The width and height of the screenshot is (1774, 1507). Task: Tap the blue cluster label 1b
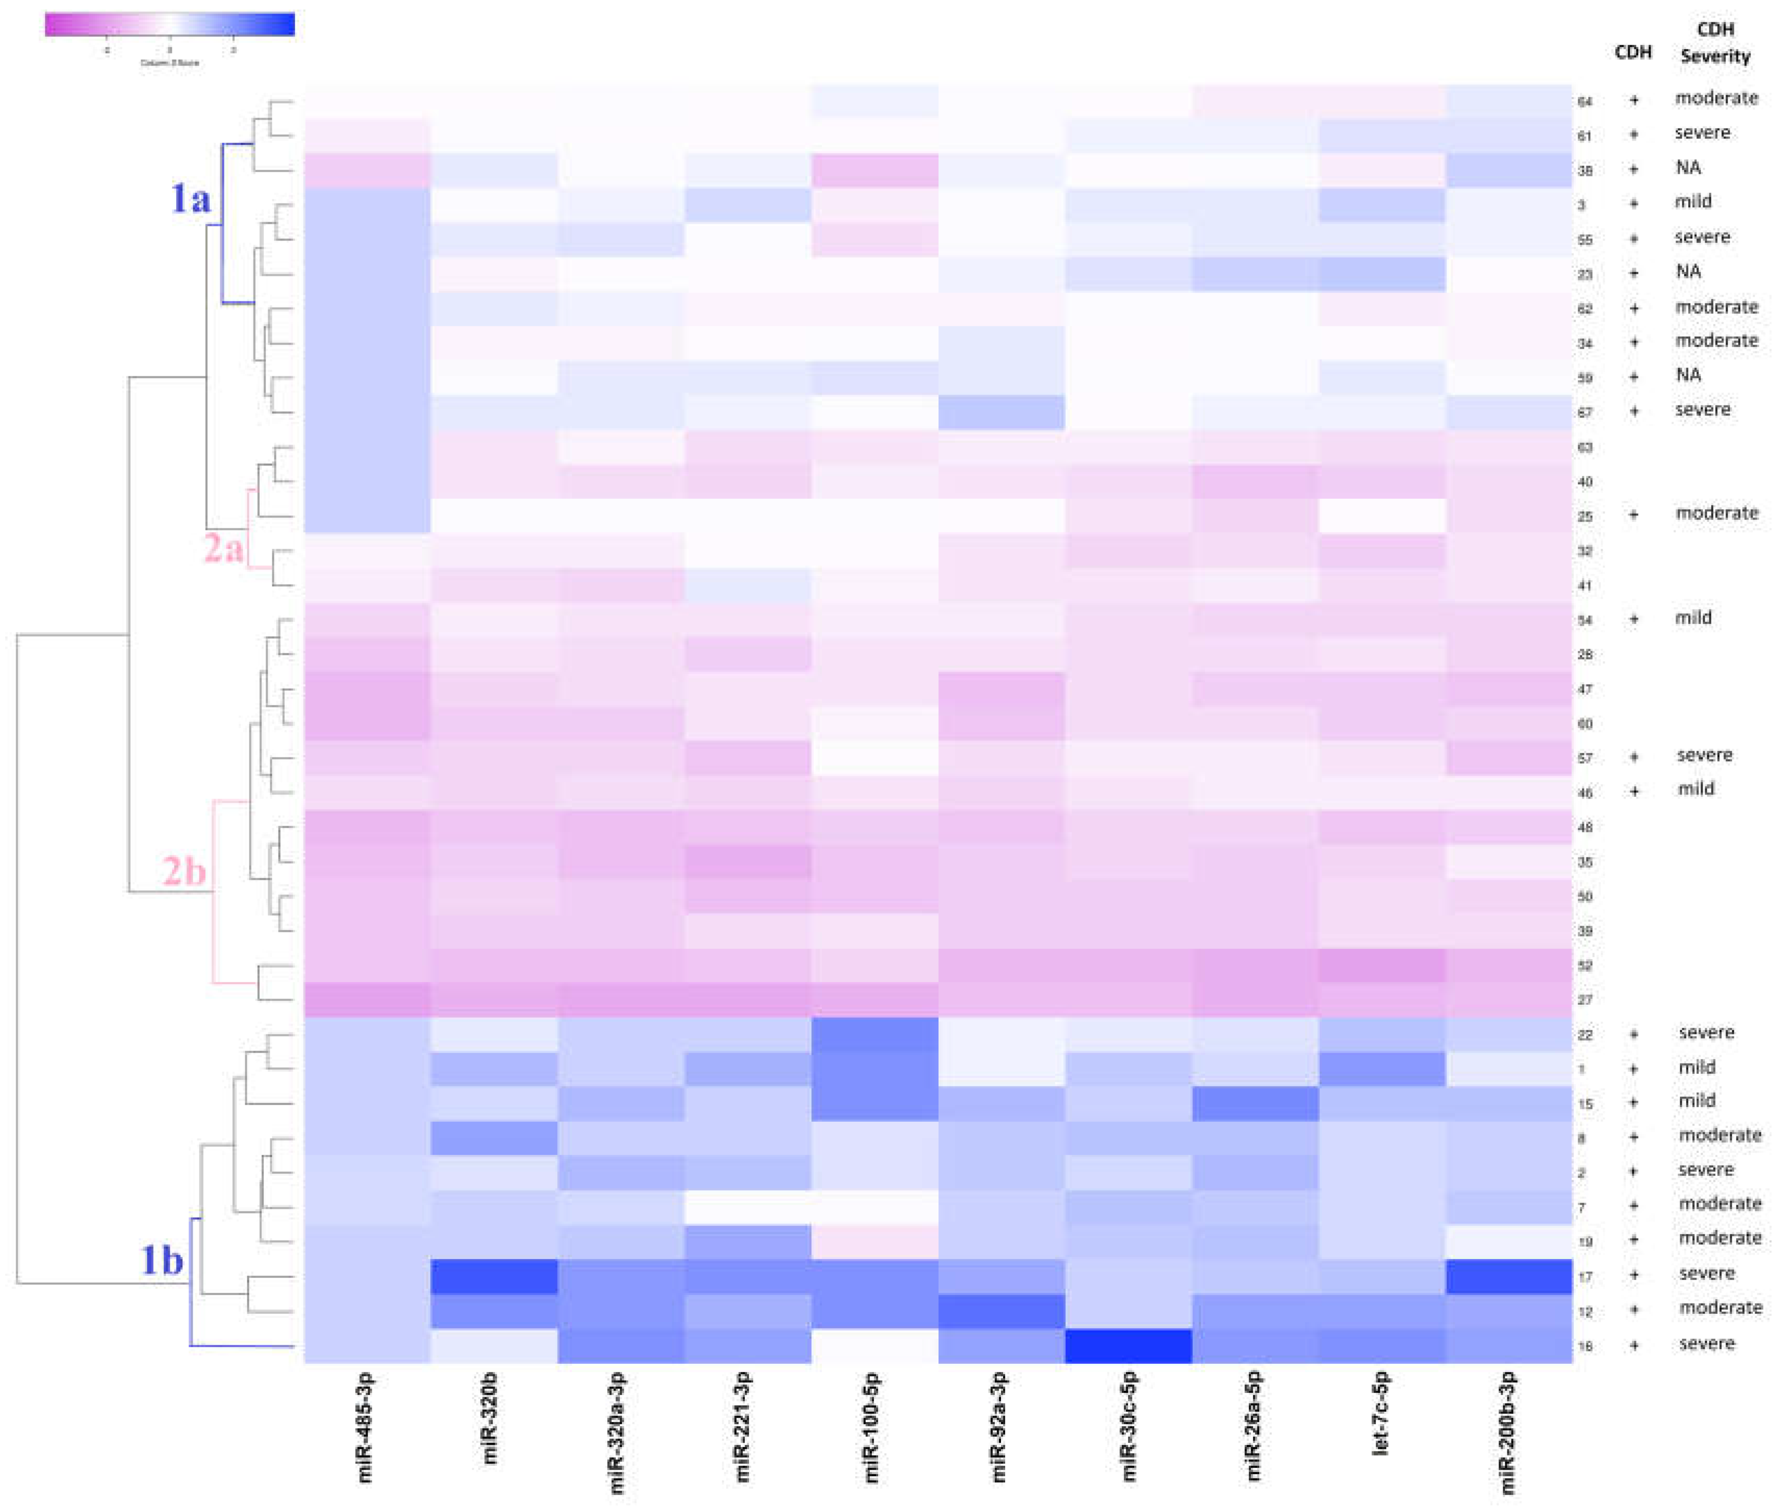161,1259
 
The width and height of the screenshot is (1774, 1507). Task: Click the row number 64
1585,102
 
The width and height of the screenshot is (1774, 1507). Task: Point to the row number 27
1585,999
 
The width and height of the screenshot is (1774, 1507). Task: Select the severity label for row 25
1716,513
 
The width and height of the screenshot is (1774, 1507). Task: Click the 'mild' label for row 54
1693,618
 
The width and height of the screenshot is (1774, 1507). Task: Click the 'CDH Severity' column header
1715,43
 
